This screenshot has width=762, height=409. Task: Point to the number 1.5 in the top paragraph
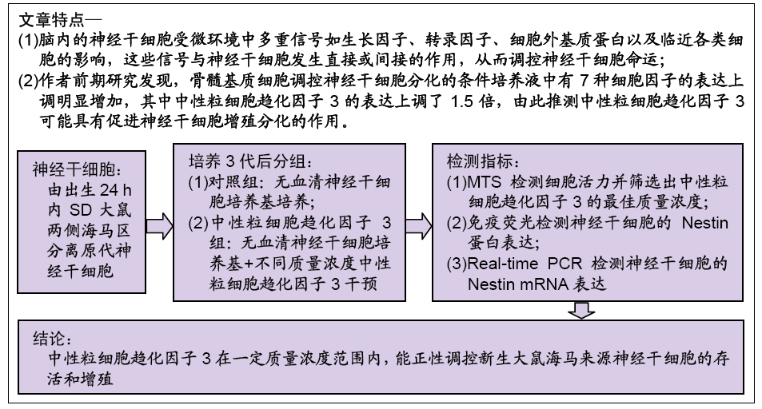click(x=461, y=101)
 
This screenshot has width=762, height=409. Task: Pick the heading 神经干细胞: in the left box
click(x=78, y=169)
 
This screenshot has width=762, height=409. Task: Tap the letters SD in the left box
click(x=81, y=210)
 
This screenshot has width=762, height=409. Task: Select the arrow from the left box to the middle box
click(x=159, y=225)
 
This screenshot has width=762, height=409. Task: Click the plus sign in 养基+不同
click(x=249, y=264)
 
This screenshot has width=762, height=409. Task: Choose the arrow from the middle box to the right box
click(x=419, y=225)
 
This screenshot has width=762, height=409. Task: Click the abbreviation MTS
click(x=484, y=182)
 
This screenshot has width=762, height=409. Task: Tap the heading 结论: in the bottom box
click(x=53, y=339)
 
